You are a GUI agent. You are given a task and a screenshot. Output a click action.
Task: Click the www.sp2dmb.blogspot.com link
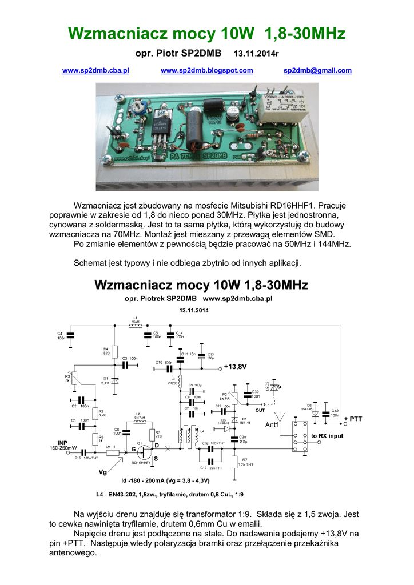click(x=207, y=70)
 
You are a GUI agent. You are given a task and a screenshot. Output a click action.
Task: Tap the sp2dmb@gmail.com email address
click(x=317, y=70)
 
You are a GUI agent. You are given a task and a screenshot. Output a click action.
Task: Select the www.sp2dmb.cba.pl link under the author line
click(x=95, y=70)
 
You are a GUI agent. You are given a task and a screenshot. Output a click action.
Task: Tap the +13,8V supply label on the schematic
click(x=236, y=366)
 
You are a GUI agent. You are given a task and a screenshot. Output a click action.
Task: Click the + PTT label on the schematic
click(x=353, y=419)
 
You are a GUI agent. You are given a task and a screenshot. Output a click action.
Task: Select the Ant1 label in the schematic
click(x=273, y=425)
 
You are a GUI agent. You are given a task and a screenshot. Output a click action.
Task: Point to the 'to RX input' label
click(x=327, y=435)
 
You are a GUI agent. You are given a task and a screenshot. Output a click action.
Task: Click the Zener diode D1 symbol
click(x=114, y=380)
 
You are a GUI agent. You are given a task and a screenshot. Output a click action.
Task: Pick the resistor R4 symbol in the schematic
click(x=114, y=351)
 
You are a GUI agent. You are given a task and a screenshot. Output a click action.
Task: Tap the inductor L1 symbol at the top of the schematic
click(x=136, y=326)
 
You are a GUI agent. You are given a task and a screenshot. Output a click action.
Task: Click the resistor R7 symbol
click(x=234, y=462)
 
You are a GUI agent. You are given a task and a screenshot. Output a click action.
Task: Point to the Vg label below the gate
click(x=103, y=472)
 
